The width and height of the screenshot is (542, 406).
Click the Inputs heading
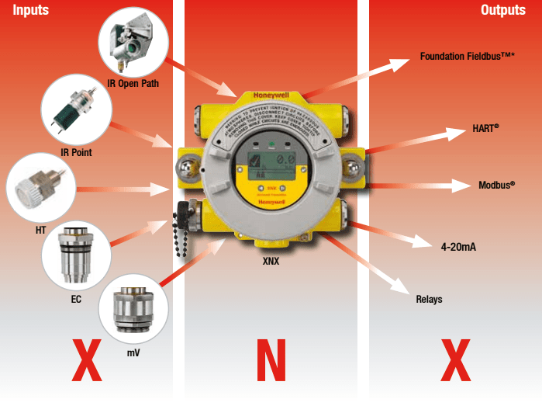pos(26,10)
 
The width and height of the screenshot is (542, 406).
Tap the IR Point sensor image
pos(76,109)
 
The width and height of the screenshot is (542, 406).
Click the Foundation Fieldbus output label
pos(468,57)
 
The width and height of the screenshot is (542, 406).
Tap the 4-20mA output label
pos(458,246)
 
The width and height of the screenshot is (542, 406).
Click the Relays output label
pos(429,299)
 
